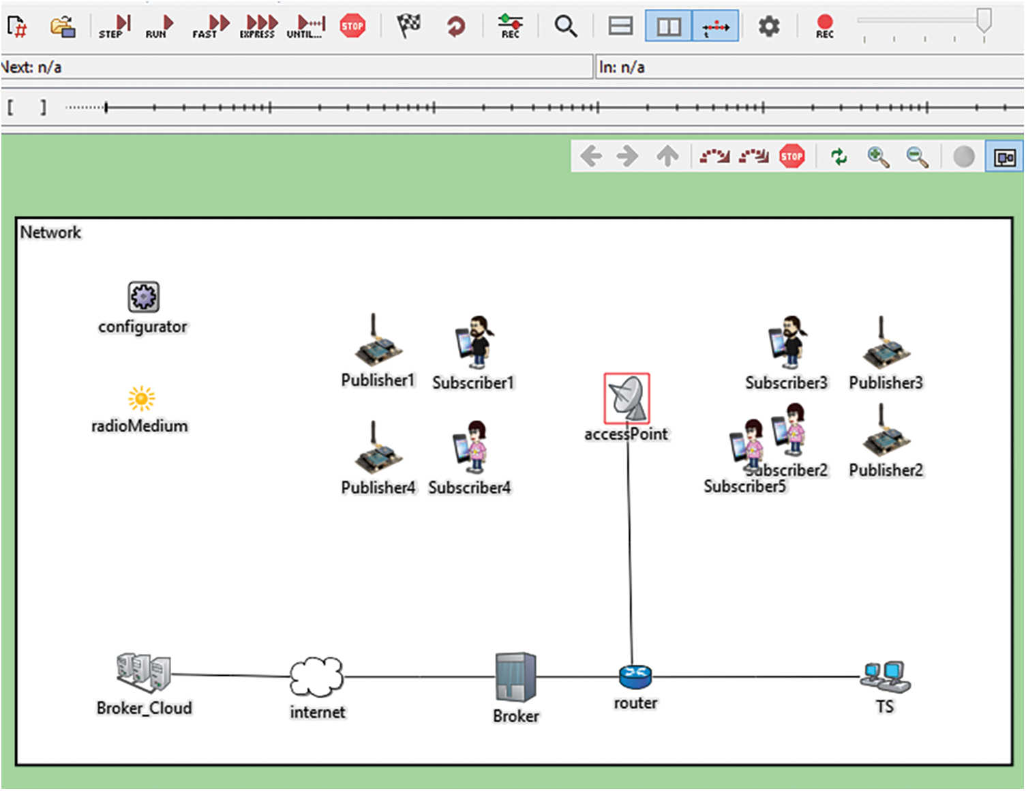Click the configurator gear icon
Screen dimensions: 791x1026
(x=143, y=297)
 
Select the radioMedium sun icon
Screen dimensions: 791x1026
(x=141, y=398)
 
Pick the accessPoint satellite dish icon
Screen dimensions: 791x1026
(x=627, y=398)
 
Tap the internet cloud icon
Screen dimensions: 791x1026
(x=316, y=676)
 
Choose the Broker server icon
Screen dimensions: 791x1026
(x=515, y=677)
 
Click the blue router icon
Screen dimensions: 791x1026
(x=635, y=676)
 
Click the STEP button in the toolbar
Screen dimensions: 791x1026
(x=114, y=27)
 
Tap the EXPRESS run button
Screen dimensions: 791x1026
(x=258, y=27)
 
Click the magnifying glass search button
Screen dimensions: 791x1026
(x=565, y=27)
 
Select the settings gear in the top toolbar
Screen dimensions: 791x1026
(x=769, y=27)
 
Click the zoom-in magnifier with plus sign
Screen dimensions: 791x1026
(x=878, y=157)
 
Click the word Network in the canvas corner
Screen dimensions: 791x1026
(x=50, y=233)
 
